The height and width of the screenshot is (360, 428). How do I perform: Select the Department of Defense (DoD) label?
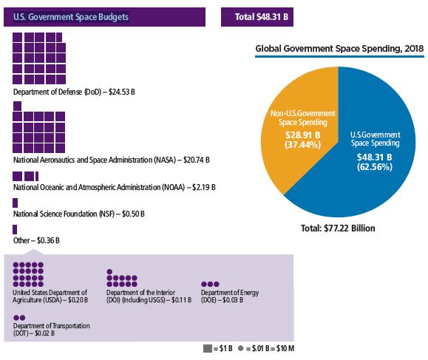[x=74, y=92]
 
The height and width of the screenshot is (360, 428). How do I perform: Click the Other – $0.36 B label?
[x=36, y=240]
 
